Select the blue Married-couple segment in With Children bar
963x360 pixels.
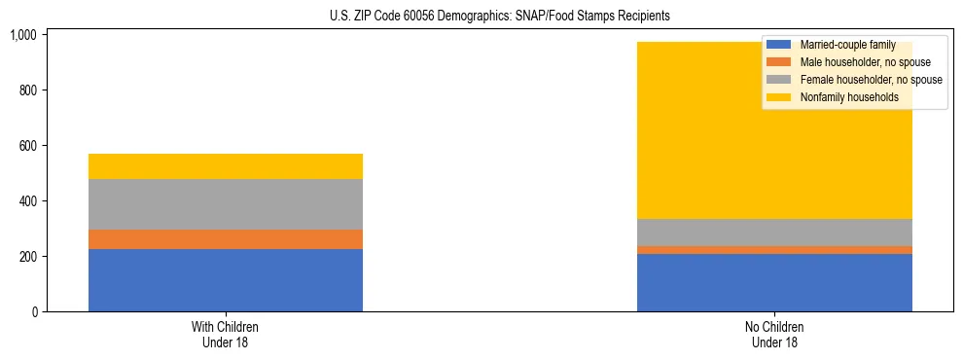pyautogui.click(x=226, y=280)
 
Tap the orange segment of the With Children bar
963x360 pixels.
pyautogui.click(x=226, y=239)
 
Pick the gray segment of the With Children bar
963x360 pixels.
pyautogui.click(x=226, y=204)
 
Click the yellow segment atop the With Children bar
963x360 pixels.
pyautogui.click(x=226, y=166)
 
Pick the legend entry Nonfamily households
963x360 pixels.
pyautogui.click(x=842, y=97)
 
